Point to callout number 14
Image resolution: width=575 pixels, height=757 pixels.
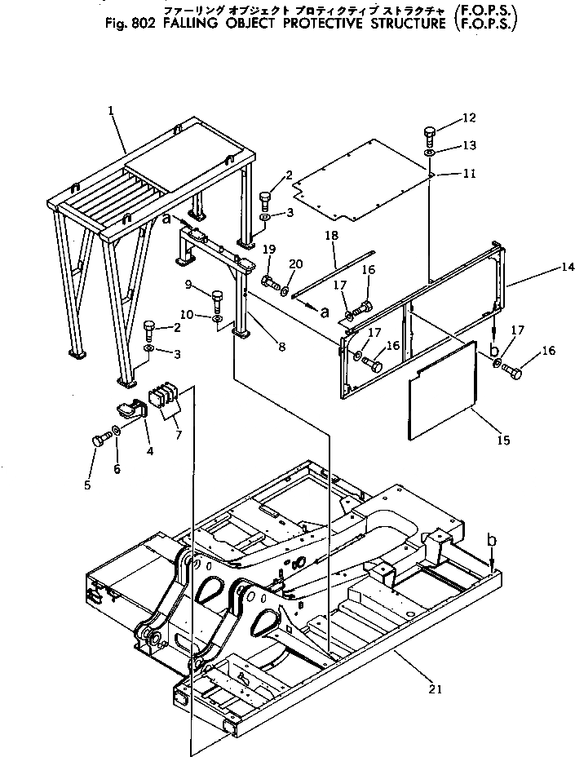click(x=545, y=268)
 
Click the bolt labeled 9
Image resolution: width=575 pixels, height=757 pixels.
click(x=217, y=297)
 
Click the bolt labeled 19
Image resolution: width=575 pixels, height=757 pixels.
click(x=268, y=283)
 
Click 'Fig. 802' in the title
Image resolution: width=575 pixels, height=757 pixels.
click(x=131, y=22)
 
